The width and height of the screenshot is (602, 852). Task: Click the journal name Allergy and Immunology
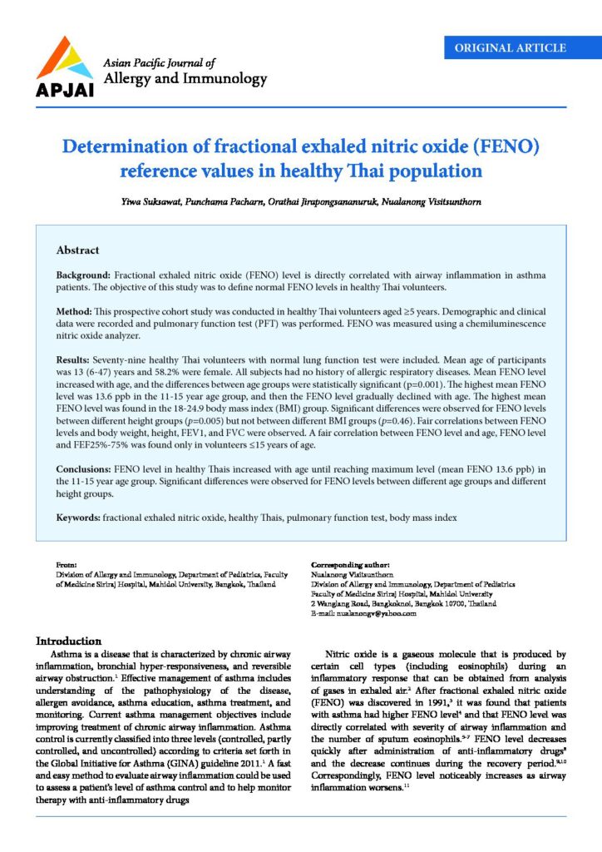coord(185,80)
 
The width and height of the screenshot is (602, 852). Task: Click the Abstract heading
coord(77,250)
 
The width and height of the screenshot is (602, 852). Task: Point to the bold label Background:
coord(83,275)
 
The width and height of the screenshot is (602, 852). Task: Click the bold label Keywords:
coord(78,518)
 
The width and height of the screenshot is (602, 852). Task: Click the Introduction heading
coord(68,641)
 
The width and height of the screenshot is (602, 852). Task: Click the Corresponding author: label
coord(350,566)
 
